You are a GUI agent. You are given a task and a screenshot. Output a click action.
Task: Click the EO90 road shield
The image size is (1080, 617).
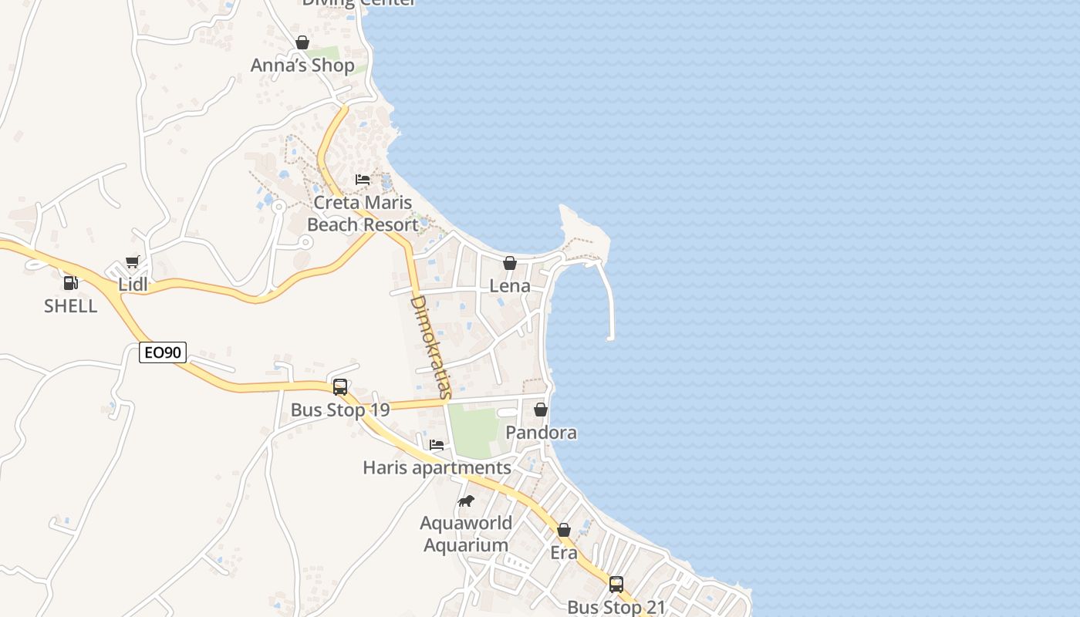(164, 352)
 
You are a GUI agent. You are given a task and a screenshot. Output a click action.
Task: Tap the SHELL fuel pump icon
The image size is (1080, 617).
(70, 283)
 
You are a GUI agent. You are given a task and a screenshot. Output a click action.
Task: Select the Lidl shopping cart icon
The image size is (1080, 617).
(133, 262)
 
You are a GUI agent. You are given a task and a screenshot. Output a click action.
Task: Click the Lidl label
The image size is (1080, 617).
(133, 285)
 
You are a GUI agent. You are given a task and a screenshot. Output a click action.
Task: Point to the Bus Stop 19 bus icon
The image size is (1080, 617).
(340, 387)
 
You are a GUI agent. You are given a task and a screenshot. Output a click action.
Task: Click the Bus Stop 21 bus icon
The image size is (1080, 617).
(616, 585)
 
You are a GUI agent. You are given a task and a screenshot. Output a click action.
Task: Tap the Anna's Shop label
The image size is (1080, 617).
(302, 66)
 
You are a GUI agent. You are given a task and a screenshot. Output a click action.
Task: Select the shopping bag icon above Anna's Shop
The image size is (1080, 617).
(302, 42)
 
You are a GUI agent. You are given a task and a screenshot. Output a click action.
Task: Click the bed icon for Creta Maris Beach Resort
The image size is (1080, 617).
(363, 180)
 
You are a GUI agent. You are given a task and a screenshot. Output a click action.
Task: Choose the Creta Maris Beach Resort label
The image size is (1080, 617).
(363, 214)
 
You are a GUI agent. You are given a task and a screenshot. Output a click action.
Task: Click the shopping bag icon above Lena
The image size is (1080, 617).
(510, 263)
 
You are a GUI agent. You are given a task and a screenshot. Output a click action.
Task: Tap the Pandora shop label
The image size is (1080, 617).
(541, 433)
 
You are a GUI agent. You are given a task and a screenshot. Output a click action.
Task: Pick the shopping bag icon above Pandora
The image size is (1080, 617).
(541, 410)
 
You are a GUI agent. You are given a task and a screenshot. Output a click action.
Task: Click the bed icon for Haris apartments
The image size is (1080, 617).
(437, 445)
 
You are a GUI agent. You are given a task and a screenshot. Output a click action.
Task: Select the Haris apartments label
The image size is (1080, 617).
(437, 468)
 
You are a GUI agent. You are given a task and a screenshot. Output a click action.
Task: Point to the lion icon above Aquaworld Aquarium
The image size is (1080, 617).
(466, 501)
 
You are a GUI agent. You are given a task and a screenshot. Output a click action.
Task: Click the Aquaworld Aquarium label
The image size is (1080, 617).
(467, 534)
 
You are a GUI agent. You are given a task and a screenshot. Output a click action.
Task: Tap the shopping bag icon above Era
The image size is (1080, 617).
(564, 531)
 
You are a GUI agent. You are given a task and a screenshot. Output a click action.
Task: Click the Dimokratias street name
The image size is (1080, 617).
(431, 346)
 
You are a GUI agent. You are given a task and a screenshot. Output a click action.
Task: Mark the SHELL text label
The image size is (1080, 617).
(70, 306)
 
